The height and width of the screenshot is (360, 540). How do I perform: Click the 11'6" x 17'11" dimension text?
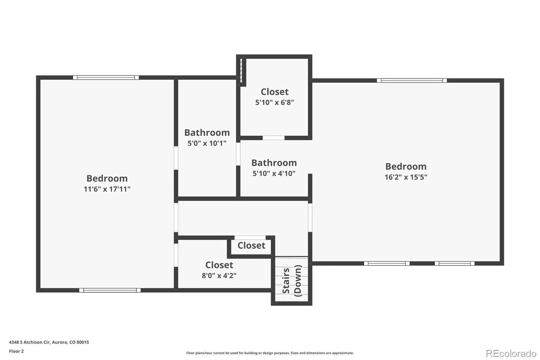pyautogui.click(x=107, y=189)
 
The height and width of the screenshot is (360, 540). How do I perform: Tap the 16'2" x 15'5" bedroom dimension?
pyautogui.click(x=406, y=177)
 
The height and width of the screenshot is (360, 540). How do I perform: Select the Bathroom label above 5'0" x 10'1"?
pyautogui.click(x=207, y=132)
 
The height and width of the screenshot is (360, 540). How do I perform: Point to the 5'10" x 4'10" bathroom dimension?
pyautogui.click(x=274, y=173)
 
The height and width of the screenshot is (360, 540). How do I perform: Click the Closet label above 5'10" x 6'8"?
pyautogui.click(x=275, y=92)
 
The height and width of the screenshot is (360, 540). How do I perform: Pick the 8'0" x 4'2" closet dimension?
pyautogui.click(x=219, y=275)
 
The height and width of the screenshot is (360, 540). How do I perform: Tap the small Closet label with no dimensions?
pyautogui.click(x=251, y=246)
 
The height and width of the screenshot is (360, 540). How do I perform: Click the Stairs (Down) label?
pyautogui.click(x=292, y=281)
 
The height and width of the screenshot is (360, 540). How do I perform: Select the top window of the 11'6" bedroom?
pyautogui.click(x=106, y=77)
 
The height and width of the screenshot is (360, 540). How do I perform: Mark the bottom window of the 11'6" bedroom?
pyautogui.click(x=110, y=290)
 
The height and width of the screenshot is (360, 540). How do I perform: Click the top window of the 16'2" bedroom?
pyautogui.click(x=412, y=80)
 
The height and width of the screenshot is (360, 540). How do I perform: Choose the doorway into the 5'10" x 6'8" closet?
pyautogui.click(x=273, y=138)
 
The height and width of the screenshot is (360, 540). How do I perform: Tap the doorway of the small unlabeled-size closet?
pyautogui.click(x=250, y=238)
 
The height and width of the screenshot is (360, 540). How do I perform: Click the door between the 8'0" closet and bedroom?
pyautogui.click(x=176, y=255)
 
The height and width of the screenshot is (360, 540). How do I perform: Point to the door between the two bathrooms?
pyautogui.click(x=238, y=154)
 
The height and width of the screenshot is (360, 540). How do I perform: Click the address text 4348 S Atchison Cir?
pyautogui.click(x=29, y=342)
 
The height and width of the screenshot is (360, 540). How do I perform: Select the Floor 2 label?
pyautogui.click(x=17, y=351)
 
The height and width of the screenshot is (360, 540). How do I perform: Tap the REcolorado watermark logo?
pyautogui.click(x=511, y=354)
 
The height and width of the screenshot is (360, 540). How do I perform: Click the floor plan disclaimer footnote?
pyautogui.click(x=270, y=353)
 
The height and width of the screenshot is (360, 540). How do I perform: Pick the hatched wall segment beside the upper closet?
pyautogui.click(x=241, y=71)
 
